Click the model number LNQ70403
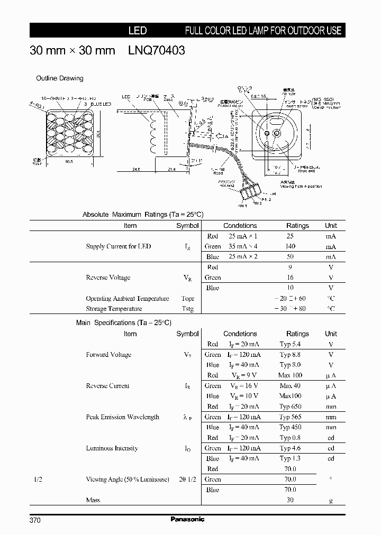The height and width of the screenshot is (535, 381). click(157, 51)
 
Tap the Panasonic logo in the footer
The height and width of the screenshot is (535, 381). click(187, 519)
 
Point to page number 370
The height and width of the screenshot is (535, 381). click(35, 520)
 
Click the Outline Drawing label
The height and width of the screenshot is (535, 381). click(59, 78)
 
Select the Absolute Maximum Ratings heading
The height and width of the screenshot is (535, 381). click(143, 215)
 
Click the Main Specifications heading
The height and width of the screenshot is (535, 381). click(124, 322)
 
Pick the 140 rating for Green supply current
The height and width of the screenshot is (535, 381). click(290, 246)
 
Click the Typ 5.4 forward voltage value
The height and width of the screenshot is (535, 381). click(290, 344)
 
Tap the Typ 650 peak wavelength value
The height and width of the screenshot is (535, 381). click(290, 407)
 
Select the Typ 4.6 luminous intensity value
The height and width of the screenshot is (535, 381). click(290, 448)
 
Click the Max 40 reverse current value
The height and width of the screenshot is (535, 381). click(290, 386)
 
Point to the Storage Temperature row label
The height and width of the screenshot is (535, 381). click(114, 309)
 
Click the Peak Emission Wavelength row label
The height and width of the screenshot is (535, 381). click(122, 417)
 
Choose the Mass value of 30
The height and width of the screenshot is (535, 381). click(290, 500)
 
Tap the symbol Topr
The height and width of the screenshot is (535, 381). click(187, 299)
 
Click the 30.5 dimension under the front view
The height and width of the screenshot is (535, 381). click(69, 162)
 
